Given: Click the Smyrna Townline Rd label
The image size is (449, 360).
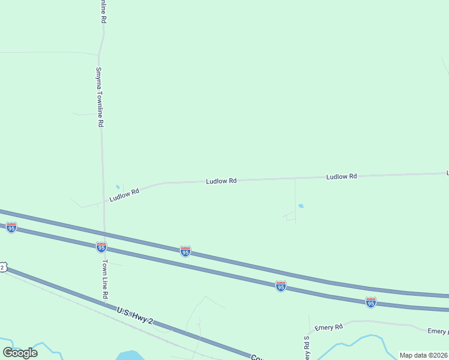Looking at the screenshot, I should tap(101, 95).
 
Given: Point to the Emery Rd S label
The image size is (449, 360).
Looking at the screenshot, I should tap(306, 347).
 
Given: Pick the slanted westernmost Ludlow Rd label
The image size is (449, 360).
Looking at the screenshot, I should tap(124, 194).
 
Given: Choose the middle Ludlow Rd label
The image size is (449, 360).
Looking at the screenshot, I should tap(221, 181).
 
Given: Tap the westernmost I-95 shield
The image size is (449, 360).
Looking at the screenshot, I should tap(11, 227).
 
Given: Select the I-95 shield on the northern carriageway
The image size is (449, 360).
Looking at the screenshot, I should tap(185, 251).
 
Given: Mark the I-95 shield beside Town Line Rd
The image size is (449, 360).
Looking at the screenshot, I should tap(101, 247).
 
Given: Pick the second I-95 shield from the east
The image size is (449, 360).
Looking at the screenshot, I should tap(280, 286).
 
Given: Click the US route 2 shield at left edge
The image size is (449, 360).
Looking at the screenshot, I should tap(2, 267).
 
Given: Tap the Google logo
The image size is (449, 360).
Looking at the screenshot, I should tap(20, 352).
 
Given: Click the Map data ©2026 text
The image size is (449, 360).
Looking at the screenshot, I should tap(423, 355).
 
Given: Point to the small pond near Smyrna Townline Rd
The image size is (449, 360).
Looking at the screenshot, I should tap(118, 187).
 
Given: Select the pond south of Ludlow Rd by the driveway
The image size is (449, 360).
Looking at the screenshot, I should tap(301, 206).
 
